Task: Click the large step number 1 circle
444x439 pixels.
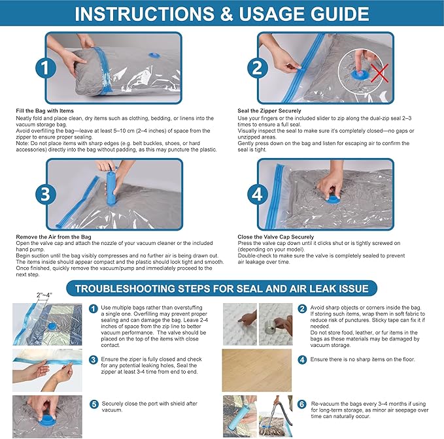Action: click(x=46, y=68)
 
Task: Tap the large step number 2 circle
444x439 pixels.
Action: click(x=257, y=68)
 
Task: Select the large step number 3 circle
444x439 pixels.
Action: click(x=46, y=194)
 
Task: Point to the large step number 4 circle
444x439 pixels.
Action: click(x=257, y=194)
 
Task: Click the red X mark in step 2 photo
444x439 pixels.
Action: click(x=380, y=73)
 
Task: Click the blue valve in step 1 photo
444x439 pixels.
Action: click(x=154, y=55)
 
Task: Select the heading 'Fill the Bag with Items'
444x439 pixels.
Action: click(x=44, y=111)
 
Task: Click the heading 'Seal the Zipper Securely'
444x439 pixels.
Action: click(x=269, y=111)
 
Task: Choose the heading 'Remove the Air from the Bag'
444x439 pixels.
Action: click(x=54, y=237)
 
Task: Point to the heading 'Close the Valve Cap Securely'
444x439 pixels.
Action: click(x=276, y=237)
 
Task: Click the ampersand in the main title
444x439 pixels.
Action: click(x=226, y=14)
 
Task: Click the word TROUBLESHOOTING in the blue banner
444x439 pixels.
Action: click(x=125, y=289)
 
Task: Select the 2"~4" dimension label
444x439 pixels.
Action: click(x=44, y=295)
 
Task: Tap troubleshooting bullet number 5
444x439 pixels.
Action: click(x=94, y=404)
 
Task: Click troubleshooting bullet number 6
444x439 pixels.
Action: click(x=302, y=404)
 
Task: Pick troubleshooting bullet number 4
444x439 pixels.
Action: click(x=302, y=360)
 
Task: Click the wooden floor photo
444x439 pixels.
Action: click(x=256, y=370)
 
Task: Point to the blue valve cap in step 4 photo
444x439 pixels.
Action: click(x=333, y=200)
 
